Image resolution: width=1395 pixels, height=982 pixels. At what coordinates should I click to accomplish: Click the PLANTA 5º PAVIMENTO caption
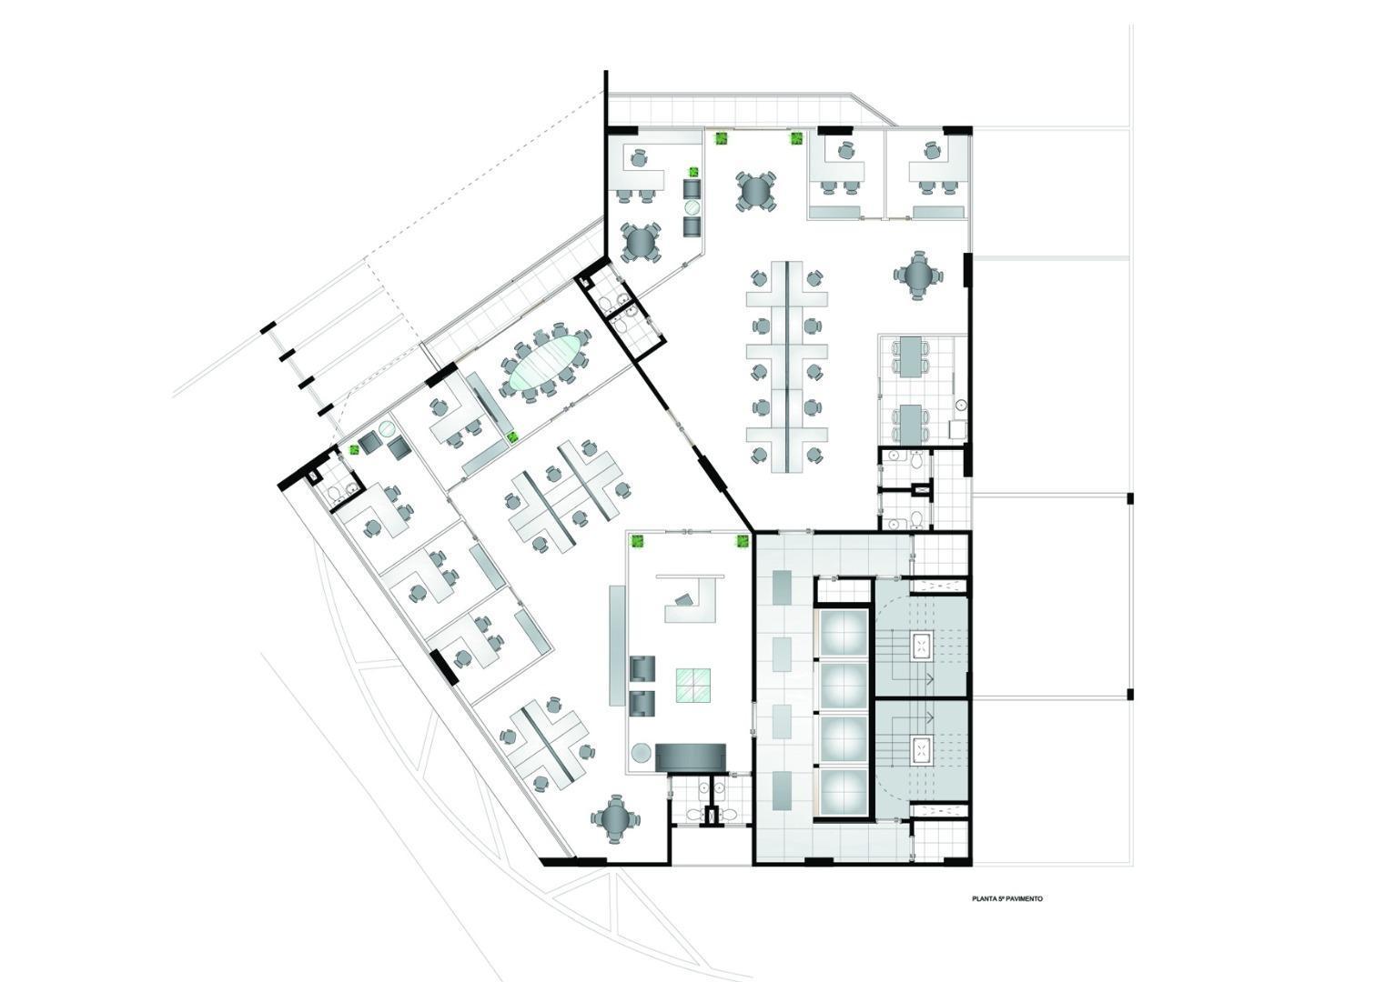pos(1007,898)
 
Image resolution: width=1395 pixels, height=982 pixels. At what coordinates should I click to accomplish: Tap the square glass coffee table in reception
pos(693,686)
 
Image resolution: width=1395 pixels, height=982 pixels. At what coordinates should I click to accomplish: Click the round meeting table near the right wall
pos(918,275)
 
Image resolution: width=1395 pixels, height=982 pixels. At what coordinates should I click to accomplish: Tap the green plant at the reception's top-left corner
pos(638,539)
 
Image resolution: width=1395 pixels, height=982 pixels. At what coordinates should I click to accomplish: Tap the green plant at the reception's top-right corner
pos(743,540)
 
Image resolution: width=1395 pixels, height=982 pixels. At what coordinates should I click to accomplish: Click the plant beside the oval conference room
pos(512,436)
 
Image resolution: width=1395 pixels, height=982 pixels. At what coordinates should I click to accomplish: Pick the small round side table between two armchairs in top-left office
pos(692,207)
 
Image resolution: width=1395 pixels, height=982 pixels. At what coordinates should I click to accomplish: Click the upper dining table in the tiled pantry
pos(910,356)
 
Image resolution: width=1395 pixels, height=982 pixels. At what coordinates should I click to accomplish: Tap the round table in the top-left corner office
pos(641,242)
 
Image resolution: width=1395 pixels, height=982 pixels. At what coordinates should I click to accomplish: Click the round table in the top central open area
pos(754,193)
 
